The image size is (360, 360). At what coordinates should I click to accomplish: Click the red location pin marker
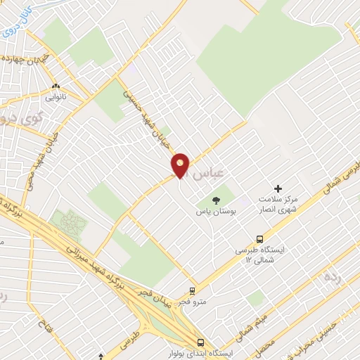coord(181,165)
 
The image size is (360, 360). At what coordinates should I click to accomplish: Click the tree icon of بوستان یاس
coord(215,200)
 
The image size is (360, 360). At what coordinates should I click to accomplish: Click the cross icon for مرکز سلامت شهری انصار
coord(278,188)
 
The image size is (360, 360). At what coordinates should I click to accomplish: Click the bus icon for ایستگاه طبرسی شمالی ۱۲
coord(260,239)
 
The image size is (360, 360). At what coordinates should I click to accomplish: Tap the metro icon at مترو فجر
coord(192,290)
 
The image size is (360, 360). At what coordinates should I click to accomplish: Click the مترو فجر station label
coord(191,302)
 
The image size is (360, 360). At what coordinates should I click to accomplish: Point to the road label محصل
coord(266,345)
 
